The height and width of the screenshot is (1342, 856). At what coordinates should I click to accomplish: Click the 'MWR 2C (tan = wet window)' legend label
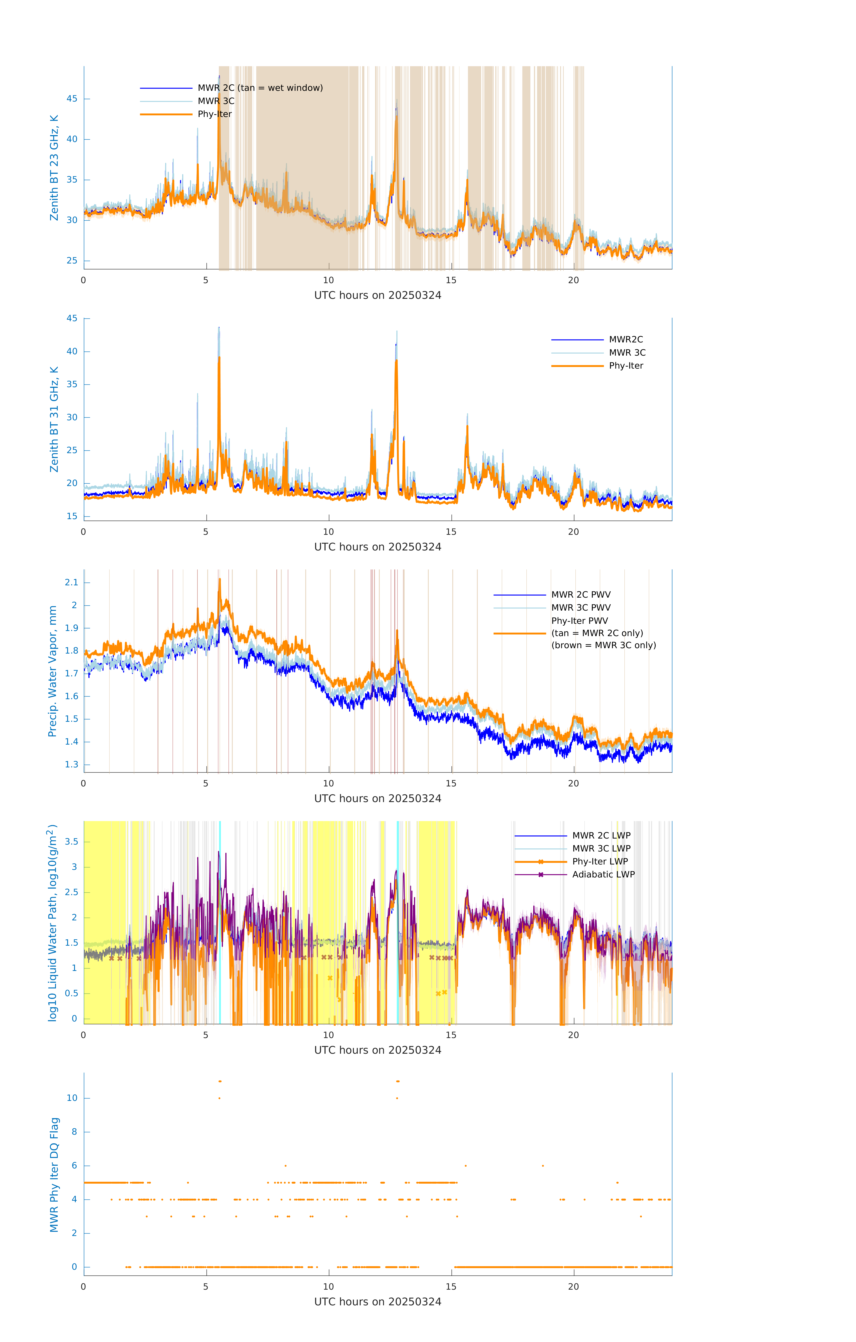point(260,88)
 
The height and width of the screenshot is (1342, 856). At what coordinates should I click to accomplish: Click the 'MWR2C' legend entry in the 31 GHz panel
point(626,339)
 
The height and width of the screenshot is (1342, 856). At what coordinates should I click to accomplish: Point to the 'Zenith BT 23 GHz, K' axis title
point(54,168)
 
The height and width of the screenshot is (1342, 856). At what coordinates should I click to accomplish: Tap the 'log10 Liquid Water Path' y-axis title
point(52,922)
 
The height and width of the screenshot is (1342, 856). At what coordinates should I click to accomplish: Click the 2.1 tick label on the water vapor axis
point(71,582)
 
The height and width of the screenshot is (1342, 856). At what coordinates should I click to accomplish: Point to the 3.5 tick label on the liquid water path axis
point(71,841)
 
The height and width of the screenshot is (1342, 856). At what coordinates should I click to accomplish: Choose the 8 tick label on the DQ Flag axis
point(74,1132)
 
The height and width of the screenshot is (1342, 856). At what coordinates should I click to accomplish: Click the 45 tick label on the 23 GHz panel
point(72,99)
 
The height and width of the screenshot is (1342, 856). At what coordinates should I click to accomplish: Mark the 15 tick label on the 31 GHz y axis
point(72,516)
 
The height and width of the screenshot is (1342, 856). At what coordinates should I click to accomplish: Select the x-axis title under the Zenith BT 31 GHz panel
point(378,547)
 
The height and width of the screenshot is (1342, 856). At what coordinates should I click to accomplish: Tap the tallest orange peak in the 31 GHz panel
point(219,358)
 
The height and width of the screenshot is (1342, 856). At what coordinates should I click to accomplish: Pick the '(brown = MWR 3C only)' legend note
point(603,645)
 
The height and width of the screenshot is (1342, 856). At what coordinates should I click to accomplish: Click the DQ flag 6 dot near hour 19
point(543,1165)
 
